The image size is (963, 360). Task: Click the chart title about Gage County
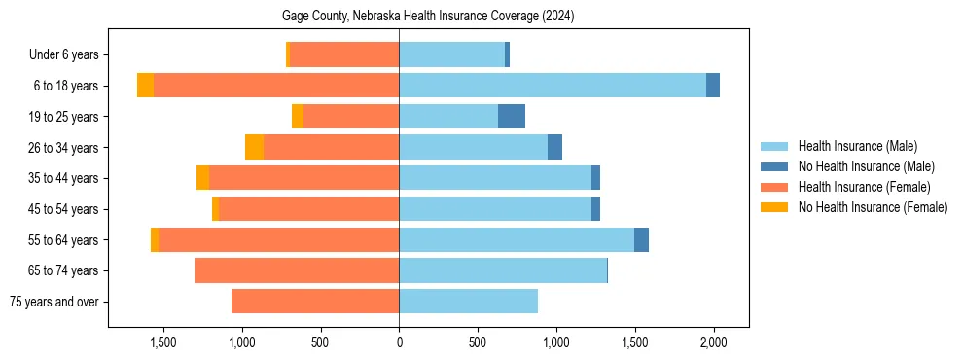(428, 17)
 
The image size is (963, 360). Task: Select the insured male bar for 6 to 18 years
(553, 86)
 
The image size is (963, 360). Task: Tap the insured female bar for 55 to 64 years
(279, 239)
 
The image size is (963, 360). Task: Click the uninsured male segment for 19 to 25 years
(512, 117)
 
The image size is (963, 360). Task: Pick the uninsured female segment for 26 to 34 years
(254, 147)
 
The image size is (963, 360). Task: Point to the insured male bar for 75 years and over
(468, 302)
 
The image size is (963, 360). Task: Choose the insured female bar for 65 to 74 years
(297, 270)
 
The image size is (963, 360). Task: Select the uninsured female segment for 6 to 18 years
(145, 86)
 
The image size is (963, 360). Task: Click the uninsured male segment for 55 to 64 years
(641, 239)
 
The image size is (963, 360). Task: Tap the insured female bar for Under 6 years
(344, 55)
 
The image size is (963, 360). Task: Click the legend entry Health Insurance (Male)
(857, 146)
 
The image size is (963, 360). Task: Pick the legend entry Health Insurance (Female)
(864, 187)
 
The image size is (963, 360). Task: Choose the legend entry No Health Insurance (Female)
(873, 207)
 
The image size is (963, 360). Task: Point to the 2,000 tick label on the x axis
(714, 342)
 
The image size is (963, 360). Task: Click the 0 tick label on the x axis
(399, 342)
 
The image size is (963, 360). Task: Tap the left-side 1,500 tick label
(162, 342)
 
